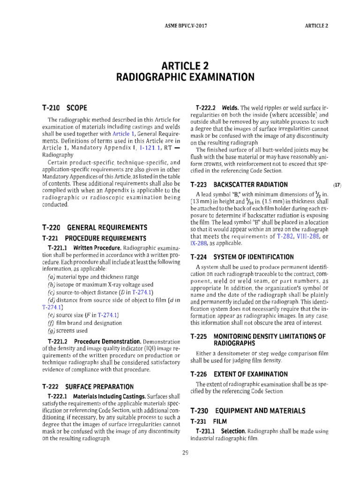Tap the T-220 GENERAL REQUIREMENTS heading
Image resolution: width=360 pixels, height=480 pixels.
click(x=94, y=227)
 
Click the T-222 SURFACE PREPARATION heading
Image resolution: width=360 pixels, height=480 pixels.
click(x=88, y=387)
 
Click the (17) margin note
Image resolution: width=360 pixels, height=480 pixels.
click(x=337, y=185)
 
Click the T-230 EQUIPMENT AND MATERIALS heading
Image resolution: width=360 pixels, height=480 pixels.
click(x=247, y=411)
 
